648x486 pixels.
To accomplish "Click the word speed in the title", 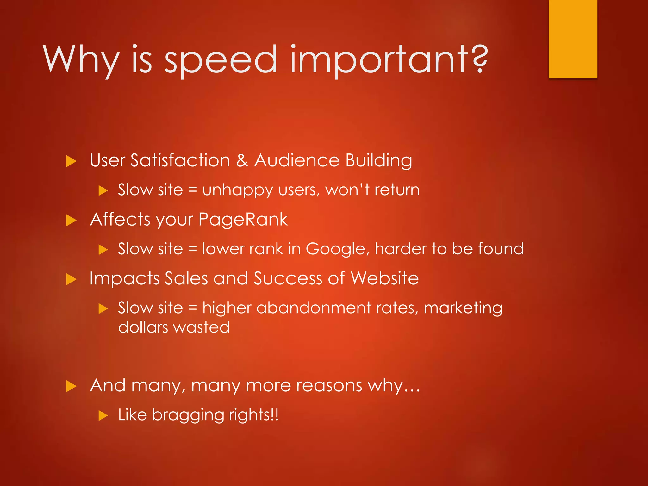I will [221, 60].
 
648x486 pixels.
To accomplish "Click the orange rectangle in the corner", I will [573, 39].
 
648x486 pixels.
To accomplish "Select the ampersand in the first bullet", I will [242, 160].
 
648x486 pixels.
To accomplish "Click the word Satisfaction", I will [180, 160].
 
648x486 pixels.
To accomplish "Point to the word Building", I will [378, 161].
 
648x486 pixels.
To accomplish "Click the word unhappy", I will [237, 190].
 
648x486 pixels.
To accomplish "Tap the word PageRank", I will [243, 220].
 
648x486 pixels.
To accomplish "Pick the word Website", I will [384, 278].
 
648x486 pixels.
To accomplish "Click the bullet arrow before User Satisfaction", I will [71, 161].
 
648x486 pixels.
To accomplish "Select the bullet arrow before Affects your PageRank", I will [71, 221].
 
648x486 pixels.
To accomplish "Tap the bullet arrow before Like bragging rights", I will [103, 415].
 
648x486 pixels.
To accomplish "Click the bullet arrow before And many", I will [71, 386].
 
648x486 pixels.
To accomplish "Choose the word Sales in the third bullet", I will [186, 278].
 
